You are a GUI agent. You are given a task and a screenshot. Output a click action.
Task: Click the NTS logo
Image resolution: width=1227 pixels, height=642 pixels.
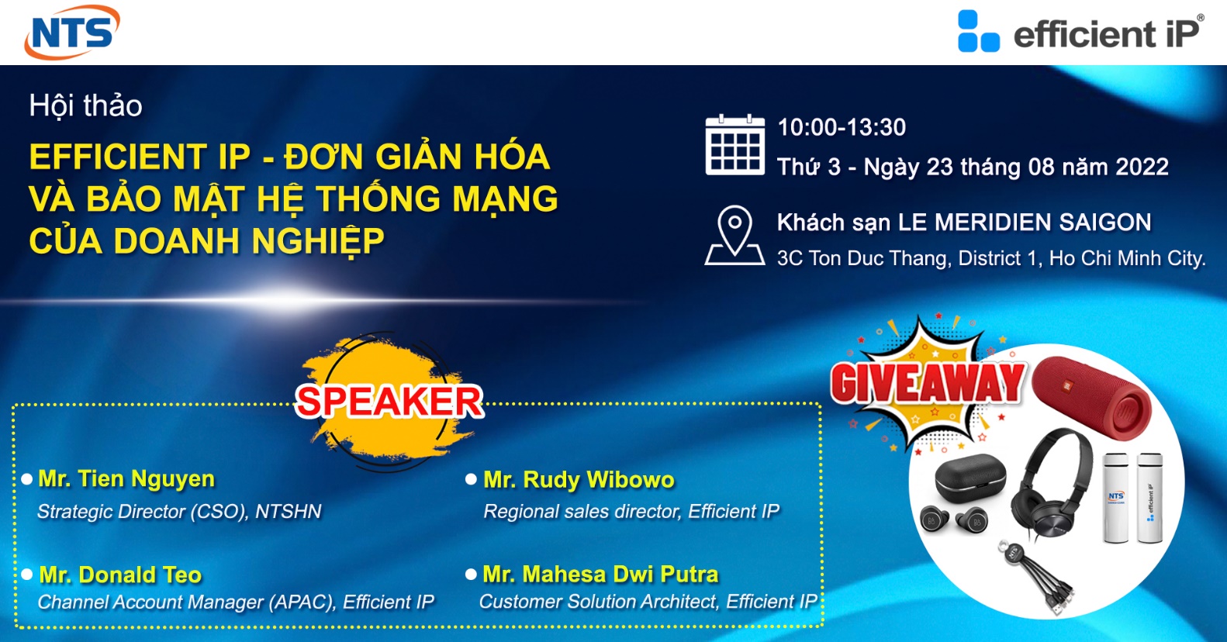72,31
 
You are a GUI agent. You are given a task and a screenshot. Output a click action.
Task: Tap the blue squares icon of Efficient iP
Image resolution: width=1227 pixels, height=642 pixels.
978,31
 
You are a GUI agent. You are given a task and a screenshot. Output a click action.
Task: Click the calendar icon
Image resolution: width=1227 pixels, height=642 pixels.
734,145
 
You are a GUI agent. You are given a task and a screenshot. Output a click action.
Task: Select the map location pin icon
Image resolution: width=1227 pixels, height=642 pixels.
734,236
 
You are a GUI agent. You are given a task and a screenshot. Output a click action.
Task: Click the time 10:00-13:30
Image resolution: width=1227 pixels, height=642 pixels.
842,127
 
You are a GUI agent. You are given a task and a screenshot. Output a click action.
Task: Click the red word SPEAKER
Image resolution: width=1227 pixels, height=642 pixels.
389,401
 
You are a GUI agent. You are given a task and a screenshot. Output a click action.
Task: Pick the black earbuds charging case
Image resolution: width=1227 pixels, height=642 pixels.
970,478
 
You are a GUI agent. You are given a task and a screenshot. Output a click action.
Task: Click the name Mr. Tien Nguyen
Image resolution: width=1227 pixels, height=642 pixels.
126,478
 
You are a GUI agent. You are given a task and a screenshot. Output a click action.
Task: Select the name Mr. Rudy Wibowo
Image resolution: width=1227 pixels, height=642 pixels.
579,480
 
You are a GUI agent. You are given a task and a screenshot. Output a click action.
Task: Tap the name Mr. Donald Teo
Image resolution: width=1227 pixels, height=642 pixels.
120,575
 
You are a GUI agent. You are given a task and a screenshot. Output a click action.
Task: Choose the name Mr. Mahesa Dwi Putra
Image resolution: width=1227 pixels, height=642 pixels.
600,574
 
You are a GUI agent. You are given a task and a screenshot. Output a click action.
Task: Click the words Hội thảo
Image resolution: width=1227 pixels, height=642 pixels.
85,105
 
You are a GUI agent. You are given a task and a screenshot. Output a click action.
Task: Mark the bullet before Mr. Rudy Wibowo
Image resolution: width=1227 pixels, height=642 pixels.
471,479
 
